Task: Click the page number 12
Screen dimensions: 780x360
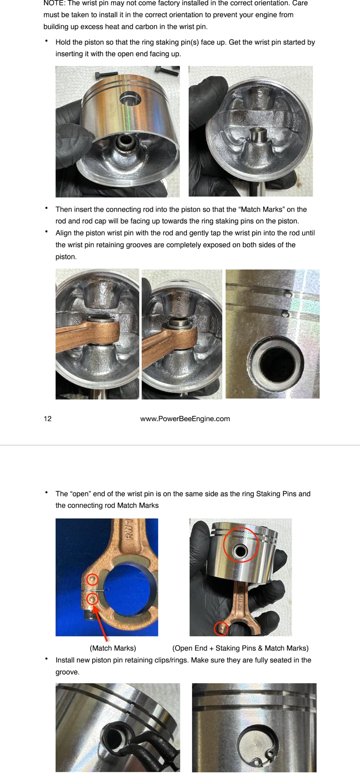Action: coord(47,419)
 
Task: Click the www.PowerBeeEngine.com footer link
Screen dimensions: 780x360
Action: coord(185,419)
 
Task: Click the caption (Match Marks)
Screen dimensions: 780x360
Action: coord(113,648)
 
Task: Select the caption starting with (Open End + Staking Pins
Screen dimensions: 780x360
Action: coord(240,648)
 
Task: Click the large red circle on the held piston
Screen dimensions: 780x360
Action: coord(240,545)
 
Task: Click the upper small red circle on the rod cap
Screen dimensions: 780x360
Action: coord(93,580)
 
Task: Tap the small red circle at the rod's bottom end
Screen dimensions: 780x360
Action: coord(221,628)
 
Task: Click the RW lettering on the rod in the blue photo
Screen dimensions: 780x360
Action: coord(129,530)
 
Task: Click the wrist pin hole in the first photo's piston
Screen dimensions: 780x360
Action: coord(130,99)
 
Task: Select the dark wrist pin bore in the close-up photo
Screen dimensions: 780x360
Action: coord(276,364)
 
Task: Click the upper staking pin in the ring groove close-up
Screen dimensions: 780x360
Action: coord(288,294)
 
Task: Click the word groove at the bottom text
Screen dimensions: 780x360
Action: coord(67,672)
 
